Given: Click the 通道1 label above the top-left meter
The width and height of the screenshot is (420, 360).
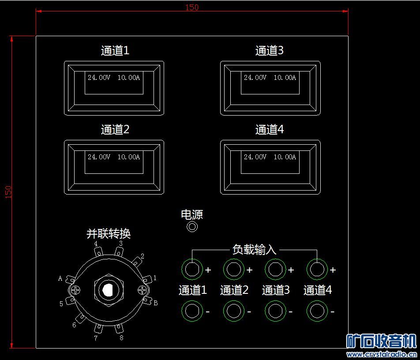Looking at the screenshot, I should pos(115,51).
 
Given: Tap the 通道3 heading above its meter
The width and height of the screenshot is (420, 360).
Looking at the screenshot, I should pos(270,51).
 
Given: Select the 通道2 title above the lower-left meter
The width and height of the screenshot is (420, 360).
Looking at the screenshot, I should pos(115,130).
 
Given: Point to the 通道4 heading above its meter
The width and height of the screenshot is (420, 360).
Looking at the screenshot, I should pos(270,130).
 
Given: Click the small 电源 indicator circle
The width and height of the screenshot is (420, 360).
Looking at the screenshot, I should pos(192,227).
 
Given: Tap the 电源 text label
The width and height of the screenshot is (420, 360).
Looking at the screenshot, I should pos(192,215).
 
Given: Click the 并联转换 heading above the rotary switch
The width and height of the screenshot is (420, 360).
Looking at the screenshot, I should pos(109,234).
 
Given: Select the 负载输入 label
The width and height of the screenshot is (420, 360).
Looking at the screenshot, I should pos(254,250).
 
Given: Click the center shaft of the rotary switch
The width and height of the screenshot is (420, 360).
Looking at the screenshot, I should pos(107,290).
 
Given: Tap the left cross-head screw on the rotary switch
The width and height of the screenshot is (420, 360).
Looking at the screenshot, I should pos(76,290).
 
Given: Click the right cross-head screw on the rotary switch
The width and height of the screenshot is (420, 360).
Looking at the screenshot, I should pos(142,290).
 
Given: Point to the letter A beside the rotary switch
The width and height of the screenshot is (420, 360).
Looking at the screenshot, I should pos(60,278).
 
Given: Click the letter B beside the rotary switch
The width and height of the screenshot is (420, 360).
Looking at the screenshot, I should pos(155,303).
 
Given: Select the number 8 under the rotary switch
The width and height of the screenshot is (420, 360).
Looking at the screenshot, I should pos(121,338).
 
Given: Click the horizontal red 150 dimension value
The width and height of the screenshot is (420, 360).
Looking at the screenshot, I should pos(192,7).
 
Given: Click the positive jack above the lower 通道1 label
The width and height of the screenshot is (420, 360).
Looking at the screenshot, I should pos(192,269).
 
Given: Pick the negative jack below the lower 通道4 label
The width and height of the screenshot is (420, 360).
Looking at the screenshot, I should pos(317,311).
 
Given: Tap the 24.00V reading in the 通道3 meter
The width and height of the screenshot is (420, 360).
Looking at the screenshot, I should pos(255,78).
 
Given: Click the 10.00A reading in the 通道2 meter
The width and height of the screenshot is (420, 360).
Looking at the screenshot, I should pos(128,157).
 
